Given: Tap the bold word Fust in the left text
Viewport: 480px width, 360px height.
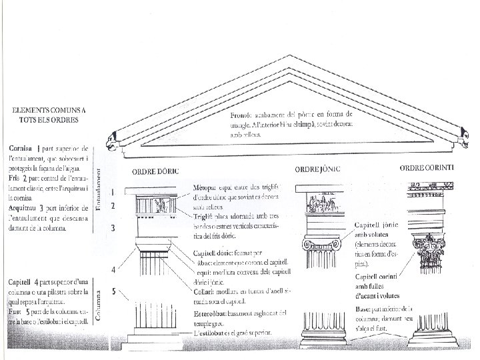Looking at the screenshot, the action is tap(16, 311).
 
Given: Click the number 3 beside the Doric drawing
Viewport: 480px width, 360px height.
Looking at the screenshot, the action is tap(114, 228).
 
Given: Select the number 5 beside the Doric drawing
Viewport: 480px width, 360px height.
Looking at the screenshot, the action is tap(114, 291).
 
